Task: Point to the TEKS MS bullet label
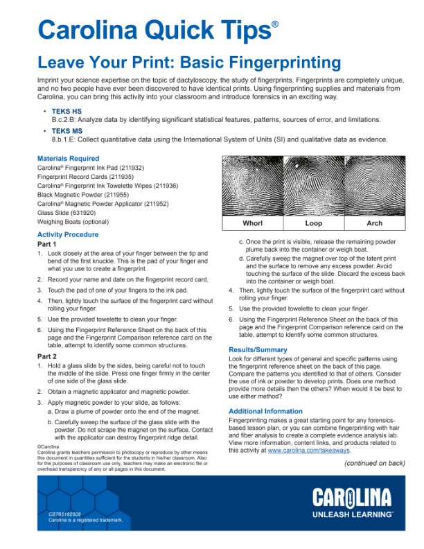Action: click(67, 130)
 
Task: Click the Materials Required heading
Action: click(68, 159)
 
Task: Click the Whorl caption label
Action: click(252, 224)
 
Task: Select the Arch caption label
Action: click(374, 224)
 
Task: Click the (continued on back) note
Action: click(374, 463)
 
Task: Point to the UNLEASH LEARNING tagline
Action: click(353, 515)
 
